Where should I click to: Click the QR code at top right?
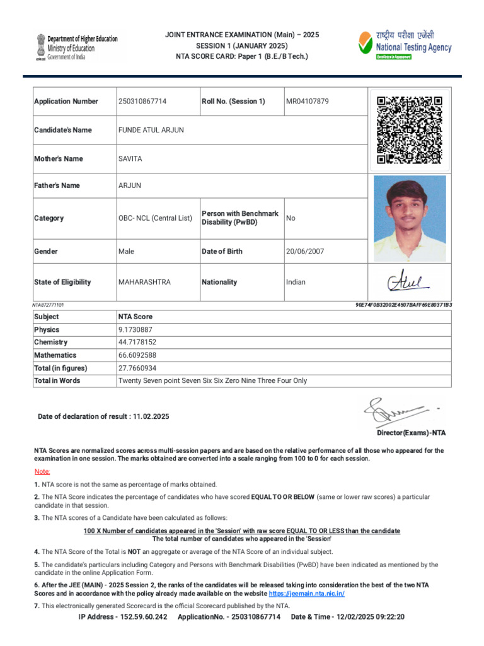(x=409, y=129)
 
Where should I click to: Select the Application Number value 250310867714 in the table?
(x=142, y=102)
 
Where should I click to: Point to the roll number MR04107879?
(x=307, y=102)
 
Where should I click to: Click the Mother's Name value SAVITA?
(x=130, y=159)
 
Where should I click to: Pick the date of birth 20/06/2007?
(x=305, y=251)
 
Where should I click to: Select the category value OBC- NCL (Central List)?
(x=155, y=218)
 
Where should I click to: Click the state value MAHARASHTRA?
(x=144, y=282)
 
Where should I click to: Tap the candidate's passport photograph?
(x=410, y=218)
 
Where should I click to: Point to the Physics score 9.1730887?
(x=135, y=330)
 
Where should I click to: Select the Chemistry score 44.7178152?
(x=137, y=343)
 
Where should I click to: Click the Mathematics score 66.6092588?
(x=137, y=355)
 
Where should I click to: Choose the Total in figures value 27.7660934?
(x=137, y=368)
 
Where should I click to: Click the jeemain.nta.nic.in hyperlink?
(x=306, y=594)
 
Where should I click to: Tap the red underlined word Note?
(x=42, y=472)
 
